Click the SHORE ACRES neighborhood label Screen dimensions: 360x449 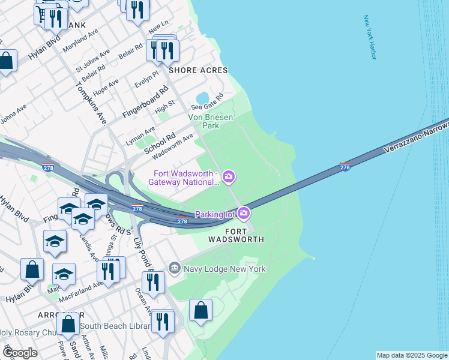198,70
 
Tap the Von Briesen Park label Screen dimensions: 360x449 211,122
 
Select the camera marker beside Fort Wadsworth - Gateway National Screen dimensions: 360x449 228,176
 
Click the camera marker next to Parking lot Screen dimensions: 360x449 243,213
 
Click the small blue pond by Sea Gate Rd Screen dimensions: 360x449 202,98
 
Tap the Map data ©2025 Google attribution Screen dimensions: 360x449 411,355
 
